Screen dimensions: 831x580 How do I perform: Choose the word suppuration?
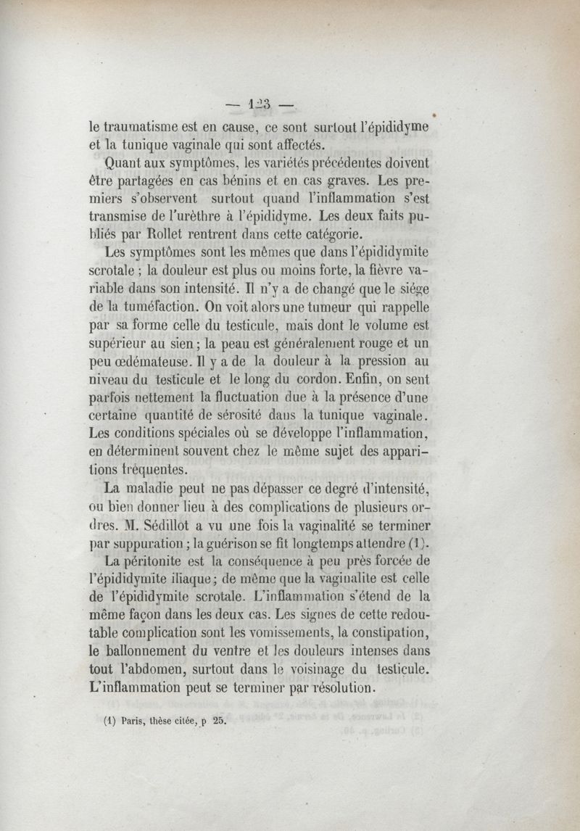(x=154, y=542)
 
